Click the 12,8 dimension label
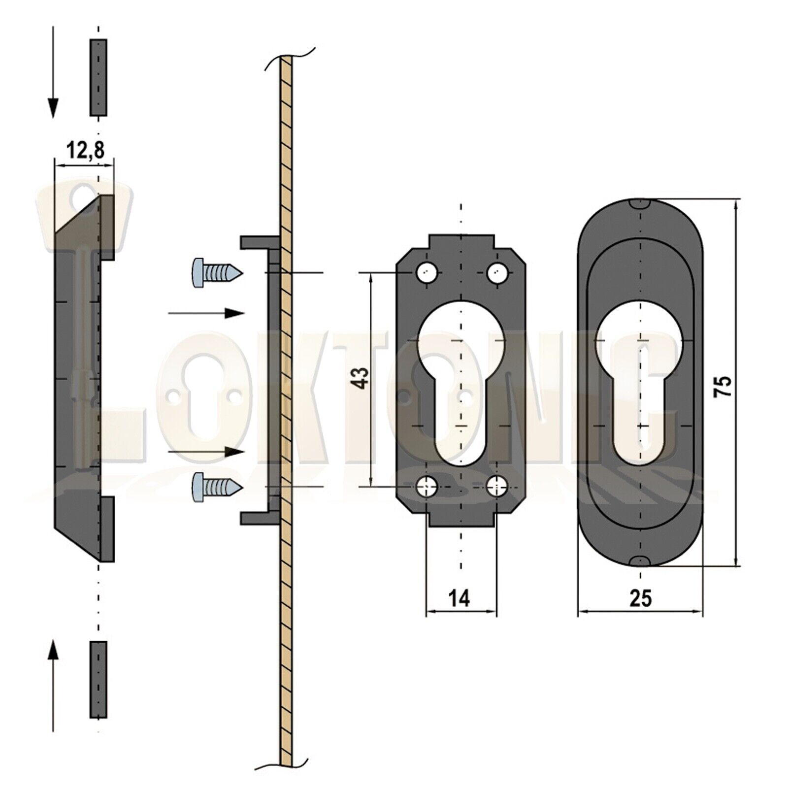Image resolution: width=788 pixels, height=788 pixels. click(85, 150)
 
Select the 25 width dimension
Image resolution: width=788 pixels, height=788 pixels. click(640, 598)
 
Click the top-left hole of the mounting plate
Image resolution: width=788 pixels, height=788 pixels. click(426, 272)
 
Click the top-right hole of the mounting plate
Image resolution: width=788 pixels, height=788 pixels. click(496, 272)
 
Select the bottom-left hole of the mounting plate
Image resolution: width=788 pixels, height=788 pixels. click(426, 487)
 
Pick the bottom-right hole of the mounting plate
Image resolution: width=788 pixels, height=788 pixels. click(496, 487)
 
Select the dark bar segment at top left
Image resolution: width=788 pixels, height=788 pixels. click(98, 78)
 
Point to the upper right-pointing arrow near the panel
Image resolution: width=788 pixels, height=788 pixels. click(207, 313)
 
